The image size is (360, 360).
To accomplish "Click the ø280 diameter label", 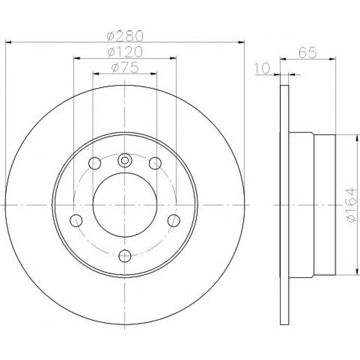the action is (x=125, y=36).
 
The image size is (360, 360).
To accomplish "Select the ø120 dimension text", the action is (x=125, y=52).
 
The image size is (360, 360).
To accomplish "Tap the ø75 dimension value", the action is (x=125, y=68).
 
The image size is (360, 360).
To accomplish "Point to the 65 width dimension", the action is (x=308, y=53).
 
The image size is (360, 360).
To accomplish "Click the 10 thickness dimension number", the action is (x=262, y=68).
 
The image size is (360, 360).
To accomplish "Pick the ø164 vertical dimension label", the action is (x=352, y=205).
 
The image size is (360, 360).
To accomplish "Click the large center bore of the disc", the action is (x=125, y=204).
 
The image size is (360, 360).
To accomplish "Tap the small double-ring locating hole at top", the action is (x=125, y=160).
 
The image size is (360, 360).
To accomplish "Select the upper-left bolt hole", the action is (x=95, y=163).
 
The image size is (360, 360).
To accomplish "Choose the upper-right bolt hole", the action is (x=155, y=163).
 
